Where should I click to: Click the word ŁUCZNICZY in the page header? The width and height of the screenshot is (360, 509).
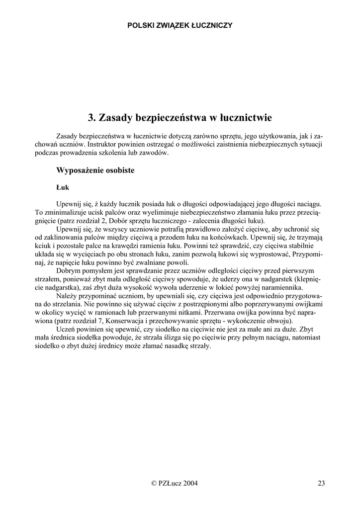[x=212, y=25]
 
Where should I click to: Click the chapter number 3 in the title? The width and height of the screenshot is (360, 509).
[x=91, y=118]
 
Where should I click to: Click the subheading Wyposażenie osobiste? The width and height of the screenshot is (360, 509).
[x=95, y=170]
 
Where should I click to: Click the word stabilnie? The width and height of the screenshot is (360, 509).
[x=308, y=246]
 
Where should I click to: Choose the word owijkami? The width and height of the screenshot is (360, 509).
[x=307, y=304]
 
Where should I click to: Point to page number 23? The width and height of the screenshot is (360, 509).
[x=321, y=483]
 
